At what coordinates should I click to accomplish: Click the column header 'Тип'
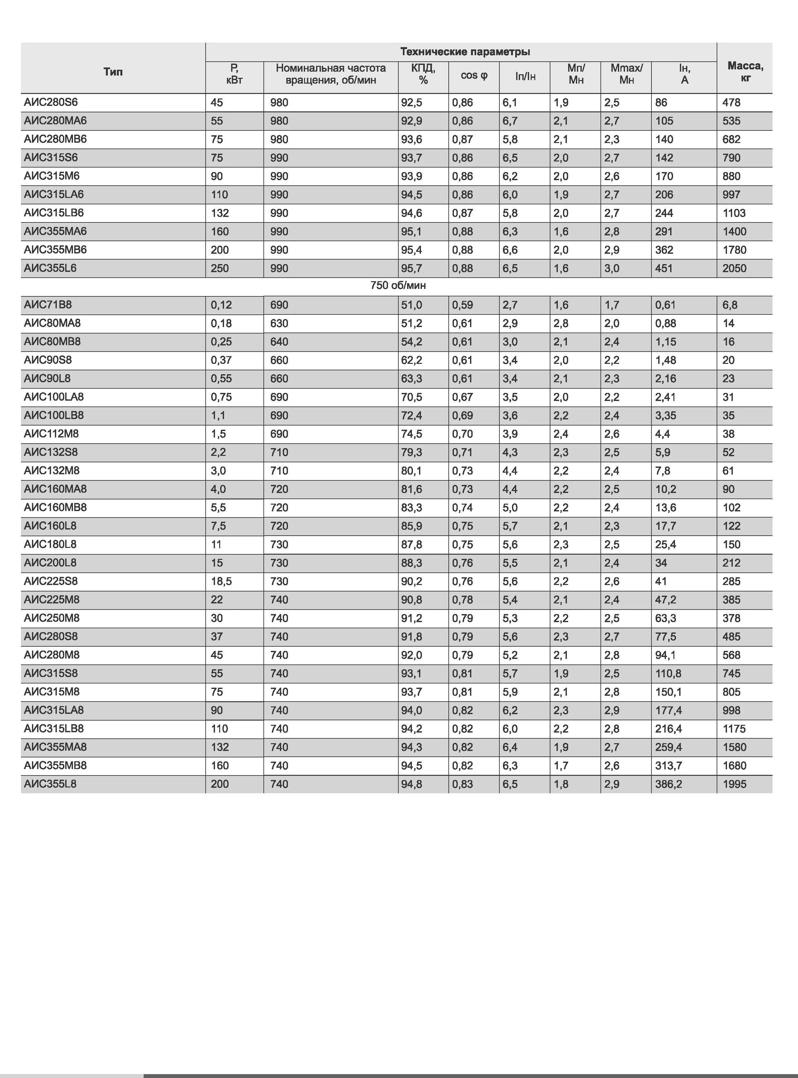pyautogui.click(x=113, y=72)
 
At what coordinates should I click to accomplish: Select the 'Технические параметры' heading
pyautogui.click(x=465, y=52)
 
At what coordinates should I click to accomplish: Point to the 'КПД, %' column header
pyautogui.click(x=423, y=74)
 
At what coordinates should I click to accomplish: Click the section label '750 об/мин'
pyautogui.click(x=398, y=285)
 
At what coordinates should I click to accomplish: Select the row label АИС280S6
pyautogui.click(x=51, y=102)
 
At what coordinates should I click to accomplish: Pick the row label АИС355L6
pyautogui.click(x=50, y=268)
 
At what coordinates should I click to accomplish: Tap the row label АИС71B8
pyautogui.click(x=47, y=305)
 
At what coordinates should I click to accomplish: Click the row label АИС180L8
pyautogui.click(x=50, y=544)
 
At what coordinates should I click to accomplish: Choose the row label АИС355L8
pyautogui.click(x=50, y=784)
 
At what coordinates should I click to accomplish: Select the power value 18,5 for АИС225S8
pyautogui.click(x=221, y=581)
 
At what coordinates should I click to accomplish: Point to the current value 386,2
pyautogui.click(x=669, y=784)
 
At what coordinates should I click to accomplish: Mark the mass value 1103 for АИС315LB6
pyautogui.click(x=734, y=213)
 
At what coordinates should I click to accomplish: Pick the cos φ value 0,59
pyautogui.click(x=462, y=305)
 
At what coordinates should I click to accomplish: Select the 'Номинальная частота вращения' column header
pyautogui.click(x=331, y=74)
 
